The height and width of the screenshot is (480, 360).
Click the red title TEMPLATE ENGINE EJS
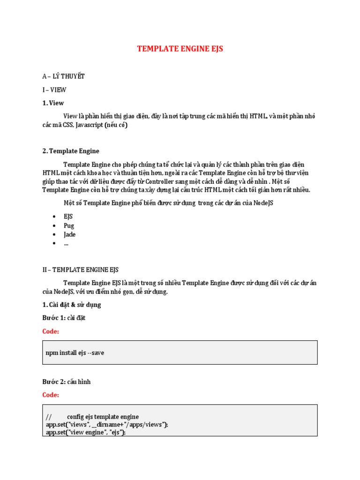180,49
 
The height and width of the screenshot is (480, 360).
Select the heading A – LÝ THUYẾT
63,76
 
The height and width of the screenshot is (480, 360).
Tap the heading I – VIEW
54,90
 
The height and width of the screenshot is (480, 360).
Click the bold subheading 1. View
53,103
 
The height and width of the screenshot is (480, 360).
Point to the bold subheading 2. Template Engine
71,151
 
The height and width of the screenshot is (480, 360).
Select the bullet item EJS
68,217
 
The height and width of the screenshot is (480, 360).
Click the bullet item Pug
69,225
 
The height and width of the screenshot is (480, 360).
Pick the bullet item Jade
69,234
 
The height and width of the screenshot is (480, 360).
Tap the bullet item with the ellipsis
66,243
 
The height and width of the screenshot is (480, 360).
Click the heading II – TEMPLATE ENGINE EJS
80,270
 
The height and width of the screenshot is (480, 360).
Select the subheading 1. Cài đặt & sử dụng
71,305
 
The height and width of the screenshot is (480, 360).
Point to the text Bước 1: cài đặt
64,318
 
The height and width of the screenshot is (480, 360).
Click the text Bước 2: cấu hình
67,382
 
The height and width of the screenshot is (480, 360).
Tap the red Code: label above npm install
51,331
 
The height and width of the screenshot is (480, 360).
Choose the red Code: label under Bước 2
51,395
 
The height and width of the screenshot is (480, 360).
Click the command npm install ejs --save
75,352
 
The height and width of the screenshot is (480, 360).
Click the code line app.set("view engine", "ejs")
86,432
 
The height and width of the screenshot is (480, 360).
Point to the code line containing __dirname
107,424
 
